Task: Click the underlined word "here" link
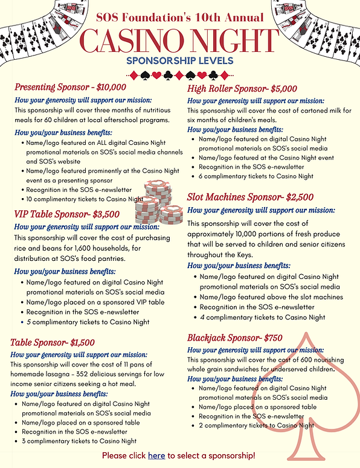(x=156, y=455)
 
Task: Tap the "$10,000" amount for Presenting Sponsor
(x=111, y=87)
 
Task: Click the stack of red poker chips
(x=156, y=202)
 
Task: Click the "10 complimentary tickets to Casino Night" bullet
(x=84, y=199)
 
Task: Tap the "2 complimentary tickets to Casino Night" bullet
(x=256, y=426)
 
